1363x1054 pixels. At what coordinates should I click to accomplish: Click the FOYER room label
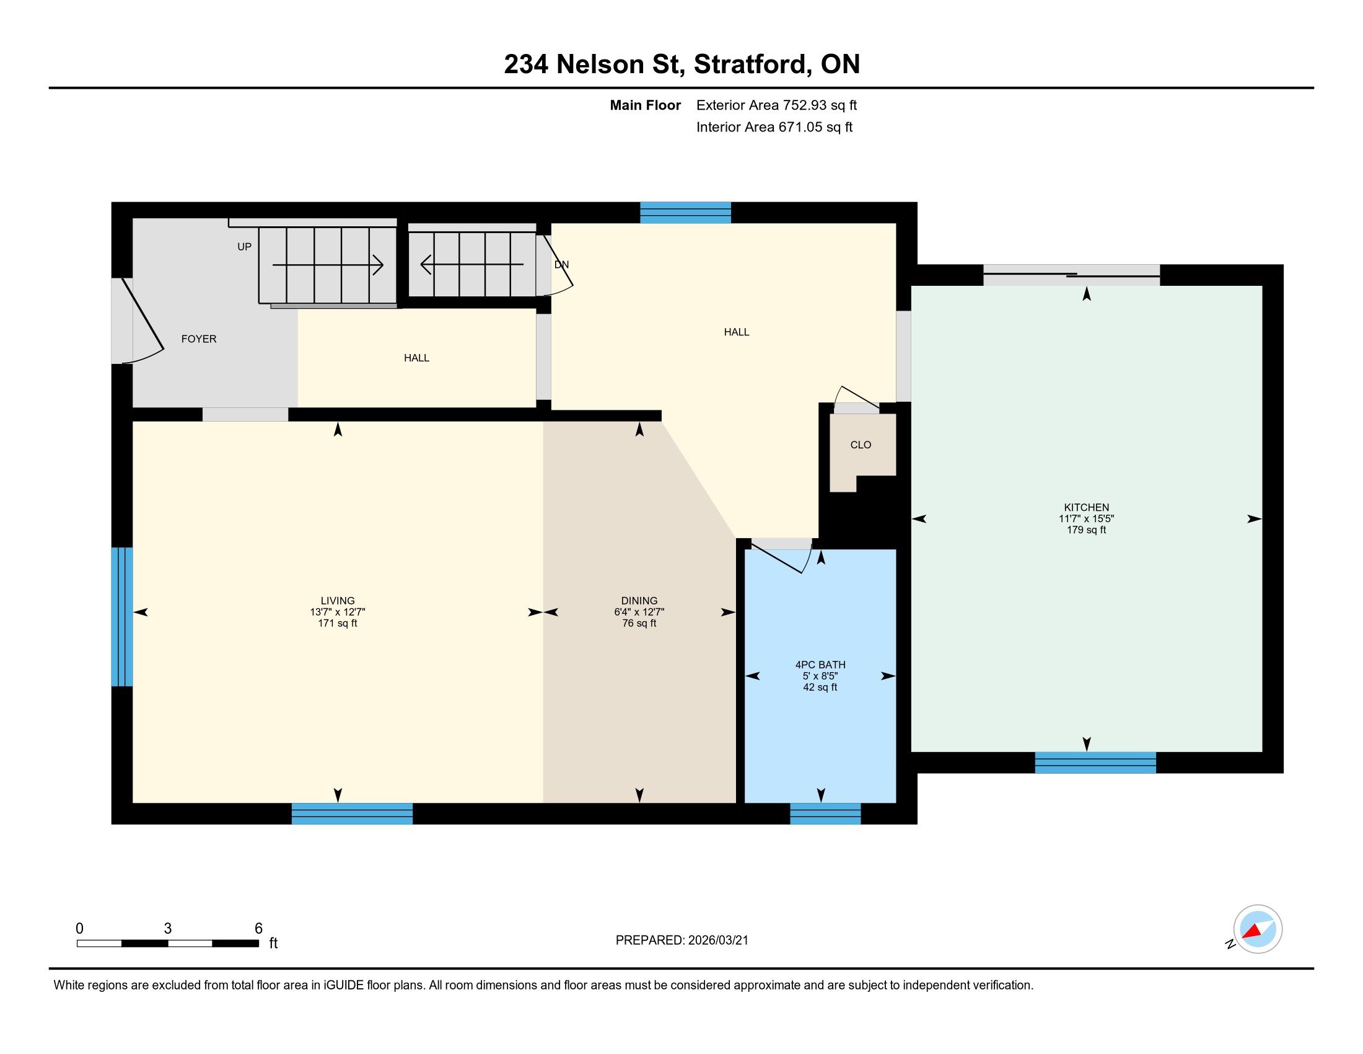tap(198, 339)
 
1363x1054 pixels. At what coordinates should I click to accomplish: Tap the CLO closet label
tap(861, 445)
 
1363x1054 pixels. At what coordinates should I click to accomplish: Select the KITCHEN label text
tap(1087, 508)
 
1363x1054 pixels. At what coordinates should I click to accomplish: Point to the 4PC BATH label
tap(820, 665)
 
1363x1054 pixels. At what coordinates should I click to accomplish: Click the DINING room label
tap(639, 601)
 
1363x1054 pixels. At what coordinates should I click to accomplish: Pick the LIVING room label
tap(338, 601)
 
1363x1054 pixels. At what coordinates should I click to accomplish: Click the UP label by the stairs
tap(245, 247)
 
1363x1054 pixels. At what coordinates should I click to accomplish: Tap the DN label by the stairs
tap(562, 264)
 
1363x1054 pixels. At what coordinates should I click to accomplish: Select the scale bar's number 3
tap(168, 929)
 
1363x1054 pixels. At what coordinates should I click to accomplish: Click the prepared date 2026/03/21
tap(717, 941)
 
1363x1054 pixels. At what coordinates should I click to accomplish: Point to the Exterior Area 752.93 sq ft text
tap(776, 105)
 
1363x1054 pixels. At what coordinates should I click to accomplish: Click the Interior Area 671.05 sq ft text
tap(774, 126)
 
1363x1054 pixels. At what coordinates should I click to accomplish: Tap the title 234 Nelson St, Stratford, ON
tap(682, 64)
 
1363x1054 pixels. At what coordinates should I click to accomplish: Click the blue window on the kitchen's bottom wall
tap(1095, 763)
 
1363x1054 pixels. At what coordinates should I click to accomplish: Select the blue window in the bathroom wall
tap(825, 813)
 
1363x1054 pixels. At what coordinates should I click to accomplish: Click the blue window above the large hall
tap(685, 212)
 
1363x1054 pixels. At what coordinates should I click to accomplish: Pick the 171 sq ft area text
tap(338, 623)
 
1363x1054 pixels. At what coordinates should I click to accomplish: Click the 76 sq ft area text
tap(639, 623)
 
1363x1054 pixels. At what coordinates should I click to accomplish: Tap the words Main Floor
tap(646, 105)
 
